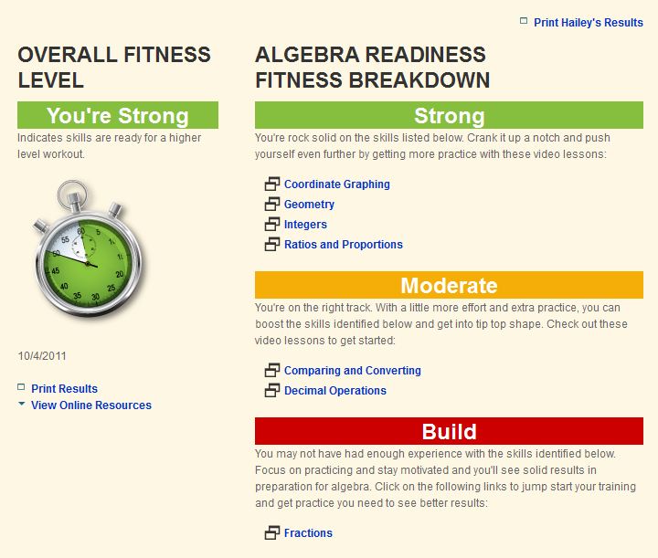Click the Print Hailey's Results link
tap(588, 22)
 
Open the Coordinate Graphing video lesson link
tap(337, 184)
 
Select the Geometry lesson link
tap(309, 205)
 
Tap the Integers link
tap(305, 225)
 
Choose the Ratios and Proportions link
tap(344, 245)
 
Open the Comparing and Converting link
tap(353, 371)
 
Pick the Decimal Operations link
tap(335, 391)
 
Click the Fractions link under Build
tap(308, 532)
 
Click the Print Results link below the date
tap(64, 389)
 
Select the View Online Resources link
tap(91, 405)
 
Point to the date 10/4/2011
tap(42, 356)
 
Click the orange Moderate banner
tap(449, 285)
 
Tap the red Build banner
tap(449, 431)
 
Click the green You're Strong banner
tap(118, 115)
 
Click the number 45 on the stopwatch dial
tap(56, 271)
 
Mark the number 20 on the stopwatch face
tap(120, 274)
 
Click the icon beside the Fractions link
tap(272, 532)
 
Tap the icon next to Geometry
tap(272, 205)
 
